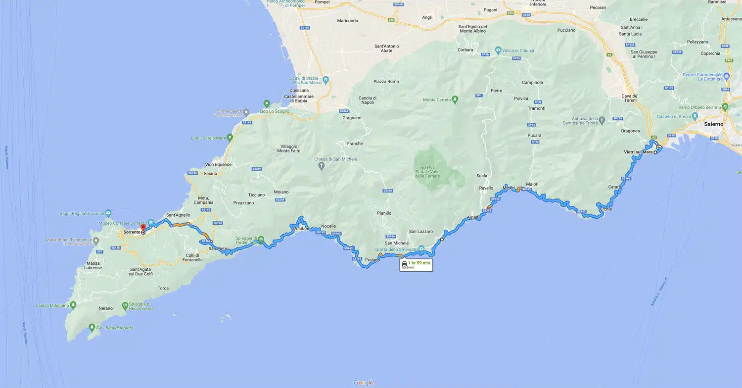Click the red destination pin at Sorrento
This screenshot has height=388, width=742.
142,227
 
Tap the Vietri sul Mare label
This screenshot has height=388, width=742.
639,152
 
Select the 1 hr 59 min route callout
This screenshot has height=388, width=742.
416,265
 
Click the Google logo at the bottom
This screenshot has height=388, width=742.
363,383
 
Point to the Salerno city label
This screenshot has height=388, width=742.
713,124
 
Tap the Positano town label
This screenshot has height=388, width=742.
303,229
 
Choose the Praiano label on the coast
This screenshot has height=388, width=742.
372,260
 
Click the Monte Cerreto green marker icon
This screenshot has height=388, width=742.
455,100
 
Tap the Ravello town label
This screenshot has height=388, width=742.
486,188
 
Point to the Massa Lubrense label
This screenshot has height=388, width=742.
93,265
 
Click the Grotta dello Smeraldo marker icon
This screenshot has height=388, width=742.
421,248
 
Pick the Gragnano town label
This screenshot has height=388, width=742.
352,118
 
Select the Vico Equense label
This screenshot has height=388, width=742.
217,164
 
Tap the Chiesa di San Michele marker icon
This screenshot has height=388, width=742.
322,166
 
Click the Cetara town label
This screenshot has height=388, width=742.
615,187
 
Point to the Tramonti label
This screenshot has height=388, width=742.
536,108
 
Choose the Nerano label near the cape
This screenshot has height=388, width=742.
105,308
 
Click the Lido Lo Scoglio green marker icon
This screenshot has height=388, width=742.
267,104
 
